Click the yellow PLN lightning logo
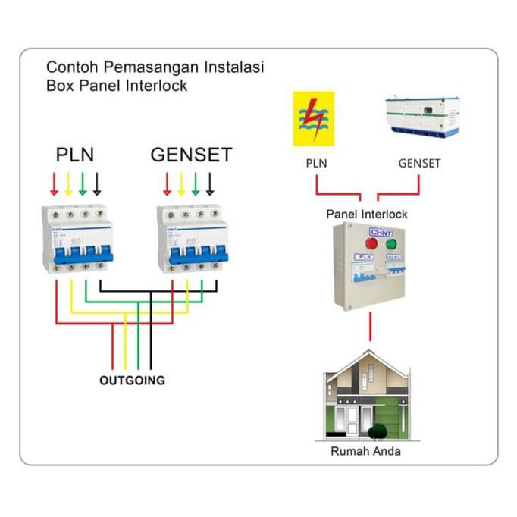point(312,117)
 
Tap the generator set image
point(421,116)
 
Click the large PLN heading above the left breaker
point(75,155)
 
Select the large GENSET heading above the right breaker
point(191,155)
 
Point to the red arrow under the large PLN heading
point(54,183)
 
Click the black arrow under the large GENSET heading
point(210,183)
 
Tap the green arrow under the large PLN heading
point(83,183)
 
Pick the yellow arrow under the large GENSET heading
point(181,183)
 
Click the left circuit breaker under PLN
point(77,239)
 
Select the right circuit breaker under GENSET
point(193,239)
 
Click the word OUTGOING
point(132,381)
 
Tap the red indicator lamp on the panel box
point(372,244)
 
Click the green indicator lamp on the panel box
point(391,244)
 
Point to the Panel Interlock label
point(366,214)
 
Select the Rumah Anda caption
point(365,451)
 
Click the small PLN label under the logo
point(316,163)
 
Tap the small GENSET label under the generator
point(419,163)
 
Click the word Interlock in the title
point(158,86)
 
